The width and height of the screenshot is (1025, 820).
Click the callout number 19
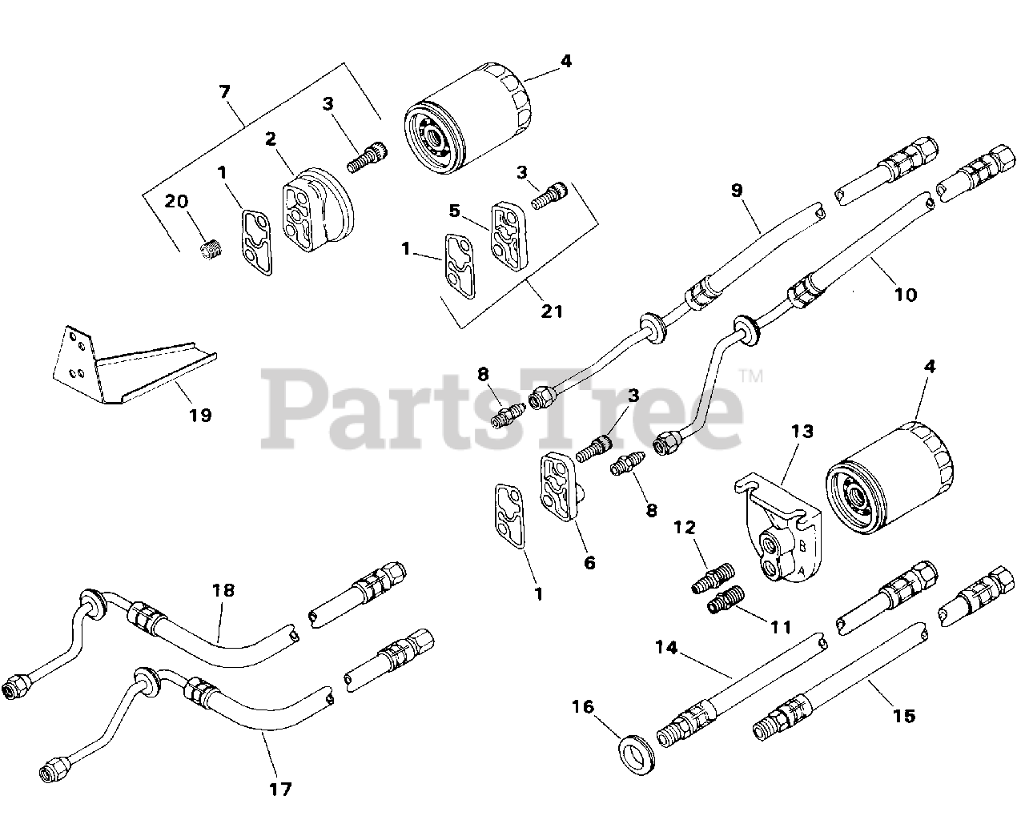click(x=200, y=415)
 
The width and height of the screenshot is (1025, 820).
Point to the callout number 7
click(x=225, y=92)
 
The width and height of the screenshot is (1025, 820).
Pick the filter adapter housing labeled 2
click(x=316, y=211)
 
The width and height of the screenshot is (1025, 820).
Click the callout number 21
click(x=552, y=311)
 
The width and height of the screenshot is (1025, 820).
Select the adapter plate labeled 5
click(x=508, y=235)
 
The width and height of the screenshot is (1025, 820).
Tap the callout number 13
click(x=802, y=432)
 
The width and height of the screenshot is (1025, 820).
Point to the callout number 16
click(x=584, y=706)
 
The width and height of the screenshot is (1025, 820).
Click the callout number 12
click(x=685, y=528)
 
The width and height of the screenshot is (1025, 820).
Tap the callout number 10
click(x=905, y=295)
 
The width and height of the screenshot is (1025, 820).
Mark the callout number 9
click(x=737, y=190)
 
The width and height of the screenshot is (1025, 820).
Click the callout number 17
click(x=280, y=790)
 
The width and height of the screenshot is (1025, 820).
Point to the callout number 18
click(x=223, y=590)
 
